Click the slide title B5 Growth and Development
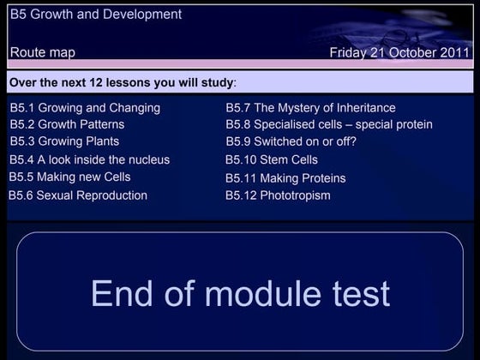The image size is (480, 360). point(96,15)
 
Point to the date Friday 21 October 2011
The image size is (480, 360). point(399,52)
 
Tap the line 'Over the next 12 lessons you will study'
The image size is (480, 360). point(123,83)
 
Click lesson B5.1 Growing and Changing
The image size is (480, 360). point(85,108)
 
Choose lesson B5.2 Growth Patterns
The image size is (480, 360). point(67,124)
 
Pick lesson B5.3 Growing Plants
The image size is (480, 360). point(64,141)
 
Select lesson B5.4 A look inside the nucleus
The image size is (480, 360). point(89,159)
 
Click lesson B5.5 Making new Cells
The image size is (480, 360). point(69,177)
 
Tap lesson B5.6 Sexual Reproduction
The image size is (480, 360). point(78,195)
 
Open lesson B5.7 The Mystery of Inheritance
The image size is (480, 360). point(310,108)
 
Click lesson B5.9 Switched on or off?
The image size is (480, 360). point(291,141)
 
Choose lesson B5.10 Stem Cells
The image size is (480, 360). point(271,159)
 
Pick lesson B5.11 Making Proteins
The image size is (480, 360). point(285,178)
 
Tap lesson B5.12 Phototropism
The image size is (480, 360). point(278,195)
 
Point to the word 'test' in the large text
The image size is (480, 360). point(359,293)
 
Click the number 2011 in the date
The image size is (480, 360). point(454,52)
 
